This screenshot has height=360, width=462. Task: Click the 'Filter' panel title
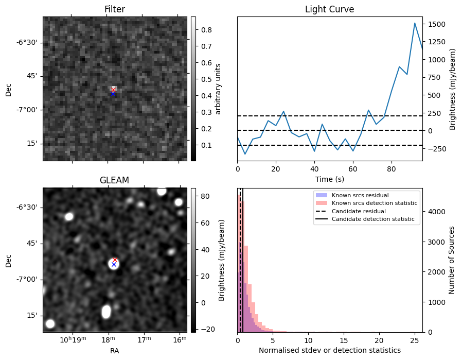[x=114, y=9]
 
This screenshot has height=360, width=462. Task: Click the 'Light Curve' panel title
[x=329, y=9]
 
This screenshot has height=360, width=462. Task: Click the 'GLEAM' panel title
[x=114, y=180]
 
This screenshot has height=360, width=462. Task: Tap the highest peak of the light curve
[x=415, y=23]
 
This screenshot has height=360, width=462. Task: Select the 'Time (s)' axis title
[x=329, y=179]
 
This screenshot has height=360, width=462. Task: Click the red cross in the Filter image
[x=114, y=90]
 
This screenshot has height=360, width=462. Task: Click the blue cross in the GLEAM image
[x=114, y=264]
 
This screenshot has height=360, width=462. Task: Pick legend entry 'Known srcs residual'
[x=360, y=196]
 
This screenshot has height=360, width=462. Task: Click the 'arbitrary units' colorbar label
[x=218, y=89]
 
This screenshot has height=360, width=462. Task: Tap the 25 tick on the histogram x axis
[x=415, y=339]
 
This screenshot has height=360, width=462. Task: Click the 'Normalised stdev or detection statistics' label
[x=329, y=350]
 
